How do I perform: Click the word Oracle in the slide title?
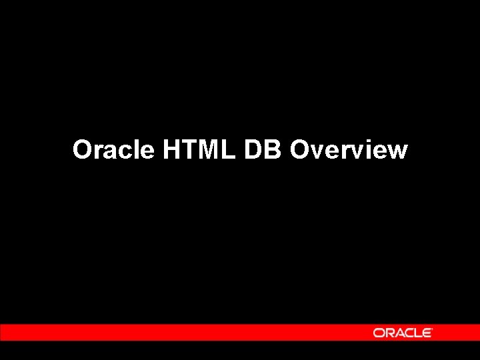click(113, 150)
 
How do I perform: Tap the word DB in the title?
click(264, 150)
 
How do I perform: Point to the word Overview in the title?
click(349, 150)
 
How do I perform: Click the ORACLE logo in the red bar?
click(402, 333)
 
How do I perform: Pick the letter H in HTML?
click(171, 150)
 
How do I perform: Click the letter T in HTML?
click(189, 150)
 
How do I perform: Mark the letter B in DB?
click(274, 150)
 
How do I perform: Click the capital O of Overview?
click(301, 150)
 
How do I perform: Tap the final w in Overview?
click(396, 152)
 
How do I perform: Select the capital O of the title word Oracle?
click(83, 150)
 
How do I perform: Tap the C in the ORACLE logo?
click(410, 333)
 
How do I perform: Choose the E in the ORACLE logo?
click(427, 333)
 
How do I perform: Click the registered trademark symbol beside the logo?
click(433, 329)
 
